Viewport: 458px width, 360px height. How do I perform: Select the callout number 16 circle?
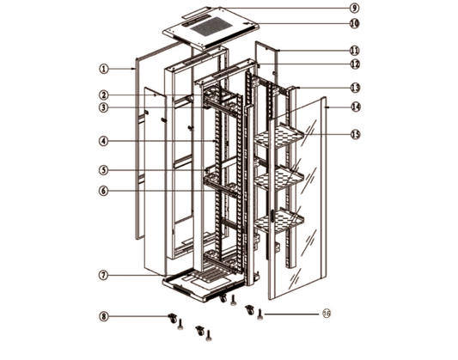[x=327, y=314]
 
